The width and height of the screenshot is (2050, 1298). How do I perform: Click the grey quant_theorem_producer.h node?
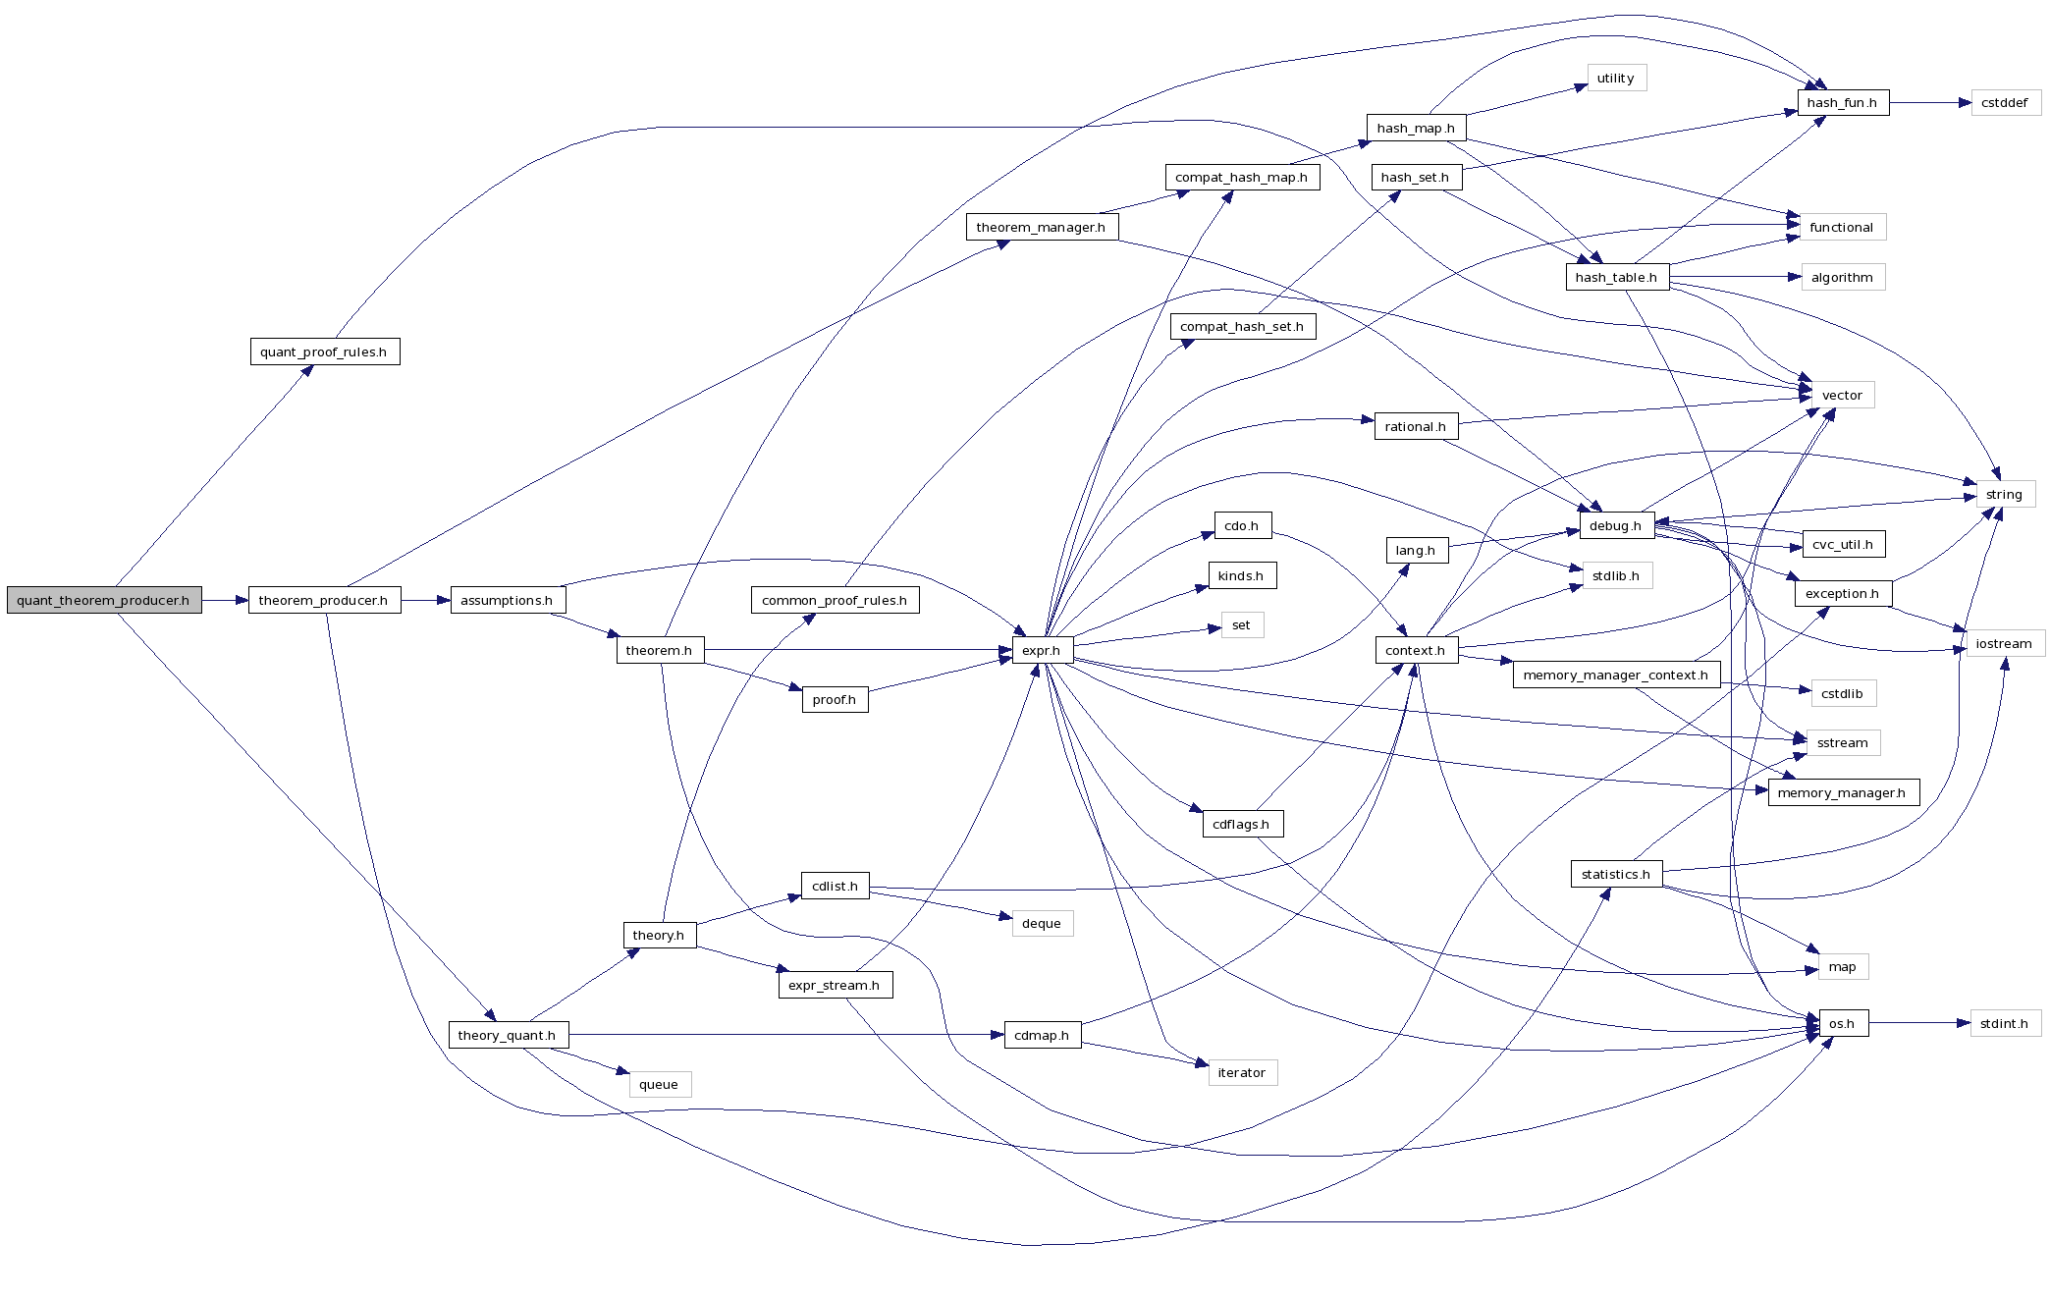[x=104, y=600]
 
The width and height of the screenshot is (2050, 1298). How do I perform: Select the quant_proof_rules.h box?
[x=324, y=352]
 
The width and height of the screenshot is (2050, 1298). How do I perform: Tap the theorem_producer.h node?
[x=324, y=600]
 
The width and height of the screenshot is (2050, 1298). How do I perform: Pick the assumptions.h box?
[x=507, y=600]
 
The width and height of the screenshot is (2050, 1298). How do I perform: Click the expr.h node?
[x=1042, y=650]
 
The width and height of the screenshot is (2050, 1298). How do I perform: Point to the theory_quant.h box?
[x=507, y=1035]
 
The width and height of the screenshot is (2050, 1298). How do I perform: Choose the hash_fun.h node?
[x=1842, y=102]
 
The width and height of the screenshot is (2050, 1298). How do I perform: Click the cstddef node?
[x=2005, y=102]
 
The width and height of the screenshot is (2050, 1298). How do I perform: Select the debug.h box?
[x=1616, y=525]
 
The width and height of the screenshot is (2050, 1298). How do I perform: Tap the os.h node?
[x=1842, y=1023]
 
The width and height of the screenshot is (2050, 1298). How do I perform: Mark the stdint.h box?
[x=2005, y=1023]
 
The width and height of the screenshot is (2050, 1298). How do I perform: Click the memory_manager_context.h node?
[x=1616, y=675]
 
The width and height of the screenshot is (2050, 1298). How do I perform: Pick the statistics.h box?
[x=1616, y=874]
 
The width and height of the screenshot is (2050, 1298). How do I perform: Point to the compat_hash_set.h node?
[x=1242, y=326]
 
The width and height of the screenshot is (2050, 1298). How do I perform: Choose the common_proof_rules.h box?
[x=835, y=600]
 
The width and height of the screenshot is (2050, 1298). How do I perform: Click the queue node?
[x=659, y=1084]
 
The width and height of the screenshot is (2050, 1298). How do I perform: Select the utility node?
[x=1616, y=78]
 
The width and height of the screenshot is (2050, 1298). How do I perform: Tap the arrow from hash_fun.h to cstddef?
[x=1930, y=102]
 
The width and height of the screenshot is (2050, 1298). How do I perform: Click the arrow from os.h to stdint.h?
[x=1919, y=1023]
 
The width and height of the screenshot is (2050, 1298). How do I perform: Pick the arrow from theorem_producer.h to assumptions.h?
[x=425, y=600]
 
